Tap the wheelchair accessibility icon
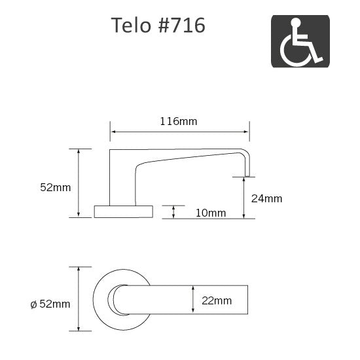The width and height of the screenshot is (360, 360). [x=300, y=41]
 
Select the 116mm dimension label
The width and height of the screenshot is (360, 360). [x=179, y=121]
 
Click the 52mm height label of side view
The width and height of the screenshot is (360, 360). [x=55, y=187]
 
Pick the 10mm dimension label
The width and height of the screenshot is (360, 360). [x=210, y=213]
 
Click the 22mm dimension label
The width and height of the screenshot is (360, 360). [x=217, y=301]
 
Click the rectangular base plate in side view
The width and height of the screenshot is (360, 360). [x=123, y=211]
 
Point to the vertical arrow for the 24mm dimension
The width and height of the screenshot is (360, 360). [x=244, y=197]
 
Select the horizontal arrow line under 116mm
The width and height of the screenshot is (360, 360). [x=179, y=132]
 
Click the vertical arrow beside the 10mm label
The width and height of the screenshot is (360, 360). [x=173, y=211]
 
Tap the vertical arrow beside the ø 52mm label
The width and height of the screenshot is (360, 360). [x=79, y=300]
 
